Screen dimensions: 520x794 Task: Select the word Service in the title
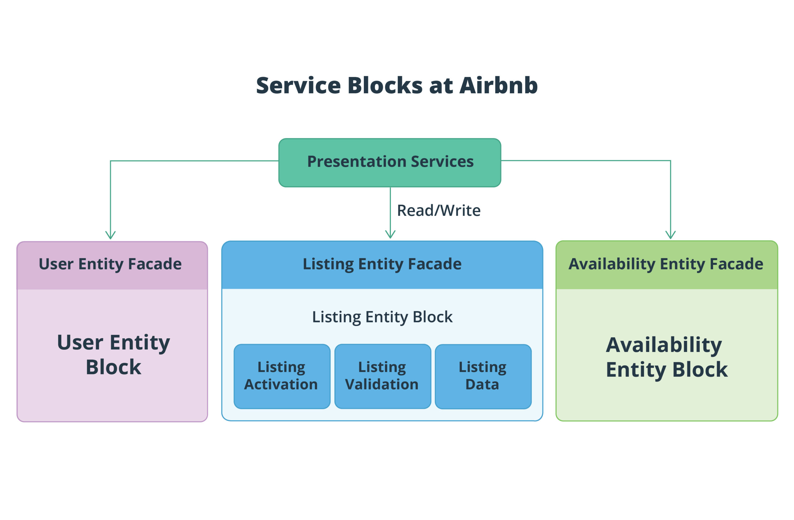coord(298,86)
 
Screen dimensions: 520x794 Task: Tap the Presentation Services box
coord(390,162)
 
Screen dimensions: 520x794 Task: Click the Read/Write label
coord(438,211)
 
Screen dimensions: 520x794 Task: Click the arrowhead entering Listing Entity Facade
coord(390,234)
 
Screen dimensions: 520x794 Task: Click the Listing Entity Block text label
coord(382,317)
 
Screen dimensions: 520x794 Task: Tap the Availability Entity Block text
coord(666,357)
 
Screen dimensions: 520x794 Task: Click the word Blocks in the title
coord(385,86)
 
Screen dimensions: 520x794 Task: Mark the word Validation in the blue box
coord(382,384)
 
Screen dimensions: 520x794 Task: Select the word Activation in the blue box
coord(281,384)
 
